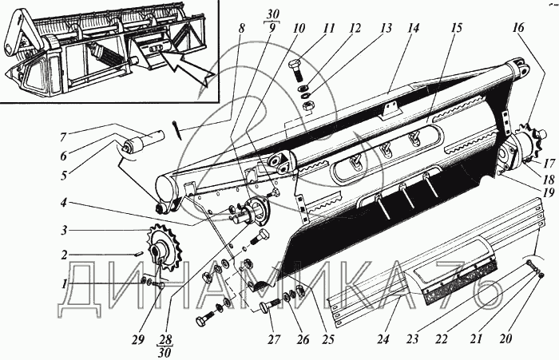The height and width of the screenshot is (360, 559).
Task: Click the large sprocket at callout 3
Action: tap(161, 250)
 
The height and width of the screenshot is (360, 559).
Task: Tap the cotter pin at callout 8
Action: tap(179, 128)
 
